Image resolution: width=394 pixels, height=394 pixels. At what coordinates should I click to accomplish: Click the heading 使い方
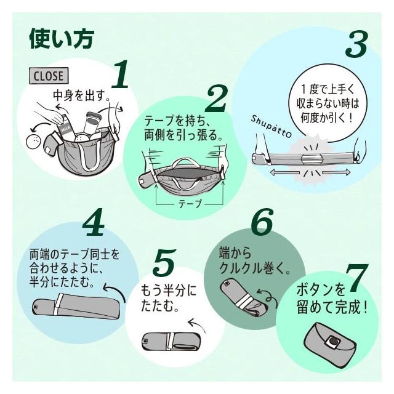click(62, 39)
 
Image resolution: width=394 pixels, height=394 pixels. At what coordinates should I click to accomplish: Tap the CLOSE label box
click(49, 76)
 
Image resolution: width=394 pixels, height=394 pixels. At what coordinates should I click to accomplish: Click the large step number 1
click(120, 74)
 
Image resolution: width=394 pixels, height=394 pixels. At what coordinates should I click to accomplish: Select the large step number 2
click(216, 98)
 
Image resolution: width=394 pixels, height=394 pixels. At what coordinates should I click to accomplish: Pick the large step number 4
click(94, 222)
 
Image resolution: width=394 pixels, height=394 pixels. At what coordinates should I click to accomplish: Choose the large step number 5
click(163, 262)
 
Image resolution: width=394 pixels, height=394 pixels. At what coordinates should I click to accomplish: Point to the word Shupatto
click(271, 126)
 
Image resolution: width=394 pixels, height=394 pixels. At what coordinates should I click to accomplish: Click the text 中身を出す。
click(82, 96)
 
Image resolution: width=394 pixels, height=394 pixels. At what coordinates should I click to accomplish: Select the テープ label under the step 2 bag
click(190, 204)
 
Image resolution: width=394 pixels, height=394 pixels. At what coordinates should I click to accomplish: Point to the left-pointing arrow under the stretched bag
click(284, 172)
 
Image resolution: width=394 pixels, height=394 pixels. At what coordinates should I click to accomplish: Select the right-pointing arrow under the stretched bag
click(336, 172)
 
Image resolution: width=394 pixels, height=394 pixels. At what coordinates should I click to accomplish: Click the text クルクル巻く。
click(255, 268)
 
